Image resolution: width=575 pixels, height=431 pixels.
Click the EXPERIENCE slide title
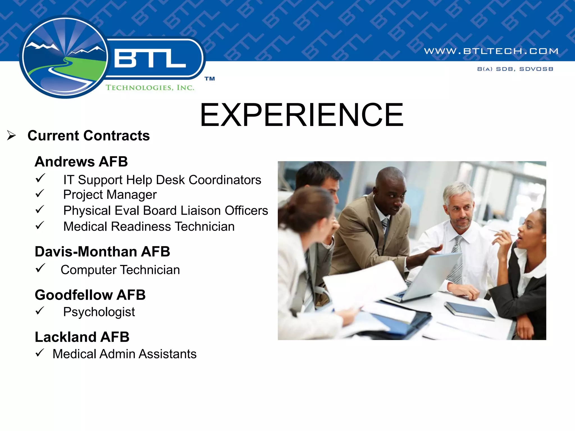pos(302,115)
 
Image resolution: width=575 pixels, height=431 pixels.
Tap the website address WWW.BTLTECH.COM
pos(491,51)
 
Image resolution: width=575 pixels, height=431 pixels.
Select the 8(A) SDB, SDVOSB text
pos(515,69)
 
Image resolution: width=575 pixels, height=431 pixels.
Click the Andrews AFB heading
pos(81,162)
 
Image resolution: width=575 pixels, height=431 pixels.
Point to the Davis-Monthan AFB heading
pos(102,251)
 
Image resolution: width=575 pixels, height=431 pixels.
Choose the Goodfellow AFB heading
pos(90,295)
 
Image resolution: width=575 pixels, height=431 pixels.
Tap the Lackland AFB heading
pos(82,337)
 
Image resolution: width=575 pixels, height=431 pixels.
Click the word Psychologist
pos(99,312)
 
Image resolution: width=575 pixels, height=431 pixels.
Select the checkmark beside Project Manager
pos(40,194)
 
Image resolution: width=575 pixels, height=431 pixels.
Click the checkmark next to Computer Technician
pos(40,268)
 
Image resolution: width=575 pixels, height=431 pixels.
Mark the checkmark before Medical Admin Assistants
pos(40,352)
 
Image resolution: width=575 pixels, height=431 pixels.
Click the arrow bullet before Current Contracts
pos(12,136)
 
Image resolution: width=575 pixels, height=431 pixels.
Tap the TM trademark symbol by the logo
pos(209,79)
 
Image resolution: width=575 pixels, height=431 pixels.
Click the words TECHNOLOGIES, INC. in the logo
pos(150,88)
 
